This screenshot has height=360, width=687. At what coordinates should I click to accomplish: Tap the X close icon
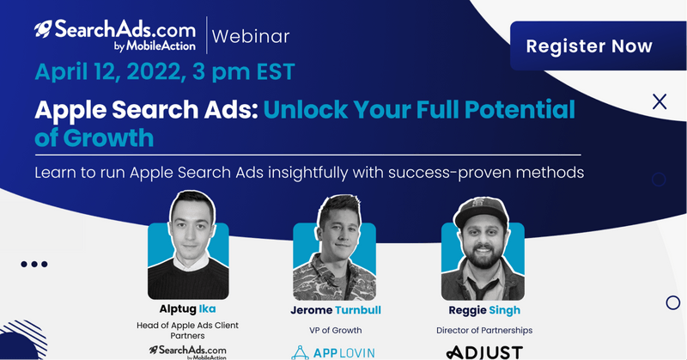click(660, 101)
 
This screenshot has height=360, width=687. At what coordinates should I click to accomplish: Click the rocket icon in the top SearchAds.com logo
click(43, 29)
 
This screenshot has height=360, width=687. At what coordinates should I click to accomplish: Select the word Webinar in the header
click(251, 36)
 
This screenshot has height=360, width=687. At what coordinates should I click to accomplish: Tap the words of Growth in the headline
click(94, 137)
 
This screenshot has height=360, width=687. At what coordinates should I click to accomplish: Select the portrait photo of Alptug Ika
click(188, 245)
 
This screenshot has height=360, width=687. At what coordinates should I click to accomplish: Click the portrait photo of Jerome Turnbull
click(334, 247)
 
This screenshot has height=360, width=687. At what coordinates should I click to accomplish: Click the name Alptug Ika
click(187, 308)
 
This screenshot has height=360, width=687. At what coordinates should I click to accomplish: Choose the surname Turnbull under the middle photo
click(358, 310)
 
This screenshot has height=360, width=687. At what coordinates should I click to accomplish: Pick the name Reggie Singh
click(484, 310)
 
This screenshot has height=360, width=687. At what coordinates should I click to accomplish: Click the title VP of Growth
click(336, 330)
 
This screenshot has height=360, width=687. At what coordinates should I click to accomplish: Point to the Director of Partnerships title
click(484, 330)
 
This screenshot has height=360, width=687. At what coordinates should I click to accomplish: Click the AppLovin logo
click(333, 352)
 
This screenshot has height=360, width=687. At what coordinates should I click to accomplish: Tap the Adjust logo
click(484, 352)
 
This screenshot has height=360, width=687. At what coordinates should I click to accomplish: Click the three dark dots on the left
click(34, 264)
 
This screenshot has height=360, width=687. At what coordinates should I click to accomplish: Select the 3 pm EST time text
click(244, 71)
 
